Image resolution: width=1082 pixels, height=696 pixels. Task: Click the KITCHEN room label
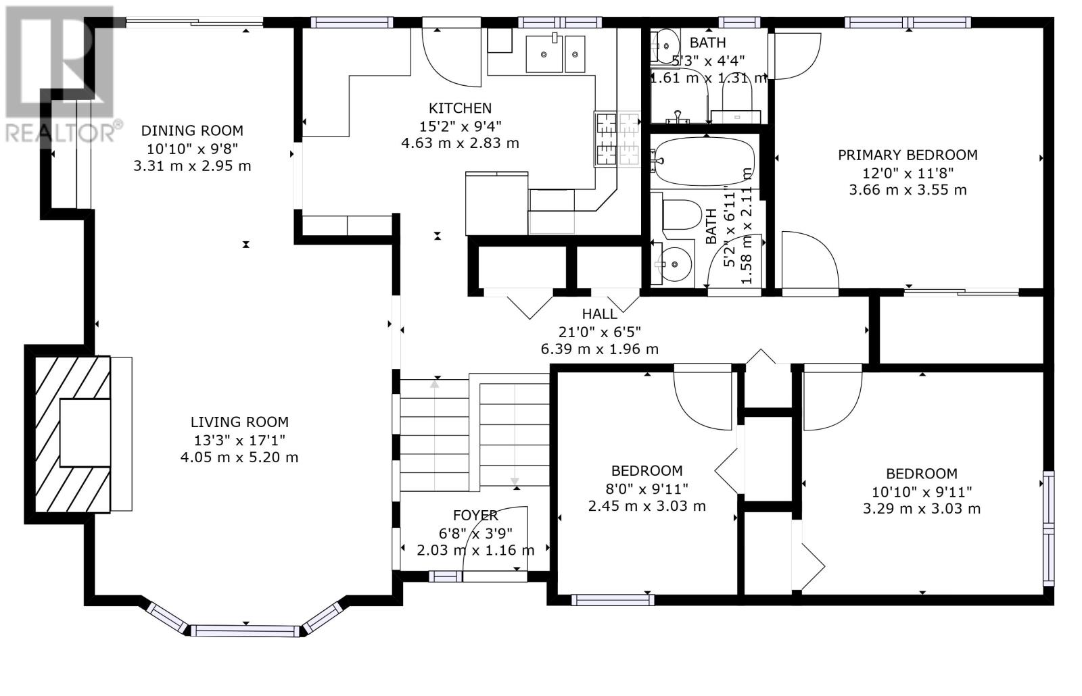coord(460,108)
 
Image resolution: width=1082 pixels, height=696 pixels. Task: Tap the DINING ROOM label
coord(192,131)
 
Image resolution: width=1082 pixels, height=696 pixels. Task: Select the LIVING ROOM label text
coord(239,422)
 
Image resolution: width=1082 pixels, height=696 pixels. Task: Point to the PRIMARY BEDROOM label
coord(908,155)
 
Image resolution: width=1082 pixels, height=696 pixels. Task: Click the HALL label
coord(599,314)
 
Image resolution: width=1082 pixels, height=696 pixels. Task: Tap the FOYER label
coord(475,516)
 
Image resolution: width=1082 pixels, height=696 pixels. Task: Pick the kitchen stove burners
coord(617,139)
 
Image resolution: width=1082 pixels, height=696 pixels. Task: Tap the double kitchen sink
coord(555,53)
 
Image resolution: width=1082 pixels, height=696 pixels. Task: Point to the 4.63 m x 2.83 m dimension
coord(460,143)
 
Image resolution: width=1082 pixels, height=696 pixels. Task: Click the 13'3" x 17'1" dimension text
coord(239,440)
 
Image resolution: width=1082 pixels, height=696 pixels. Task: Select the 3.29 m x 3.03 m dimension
coord(922,509)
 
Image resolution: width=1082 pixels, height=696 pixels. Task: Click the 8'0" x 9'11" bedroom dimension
coord(646,489)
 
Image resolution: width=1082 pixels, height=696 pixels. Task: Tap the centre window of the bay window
coord(245,630)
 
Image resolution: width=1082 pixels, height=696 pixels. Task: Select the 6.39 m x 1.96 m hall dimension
coord(599,349)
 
